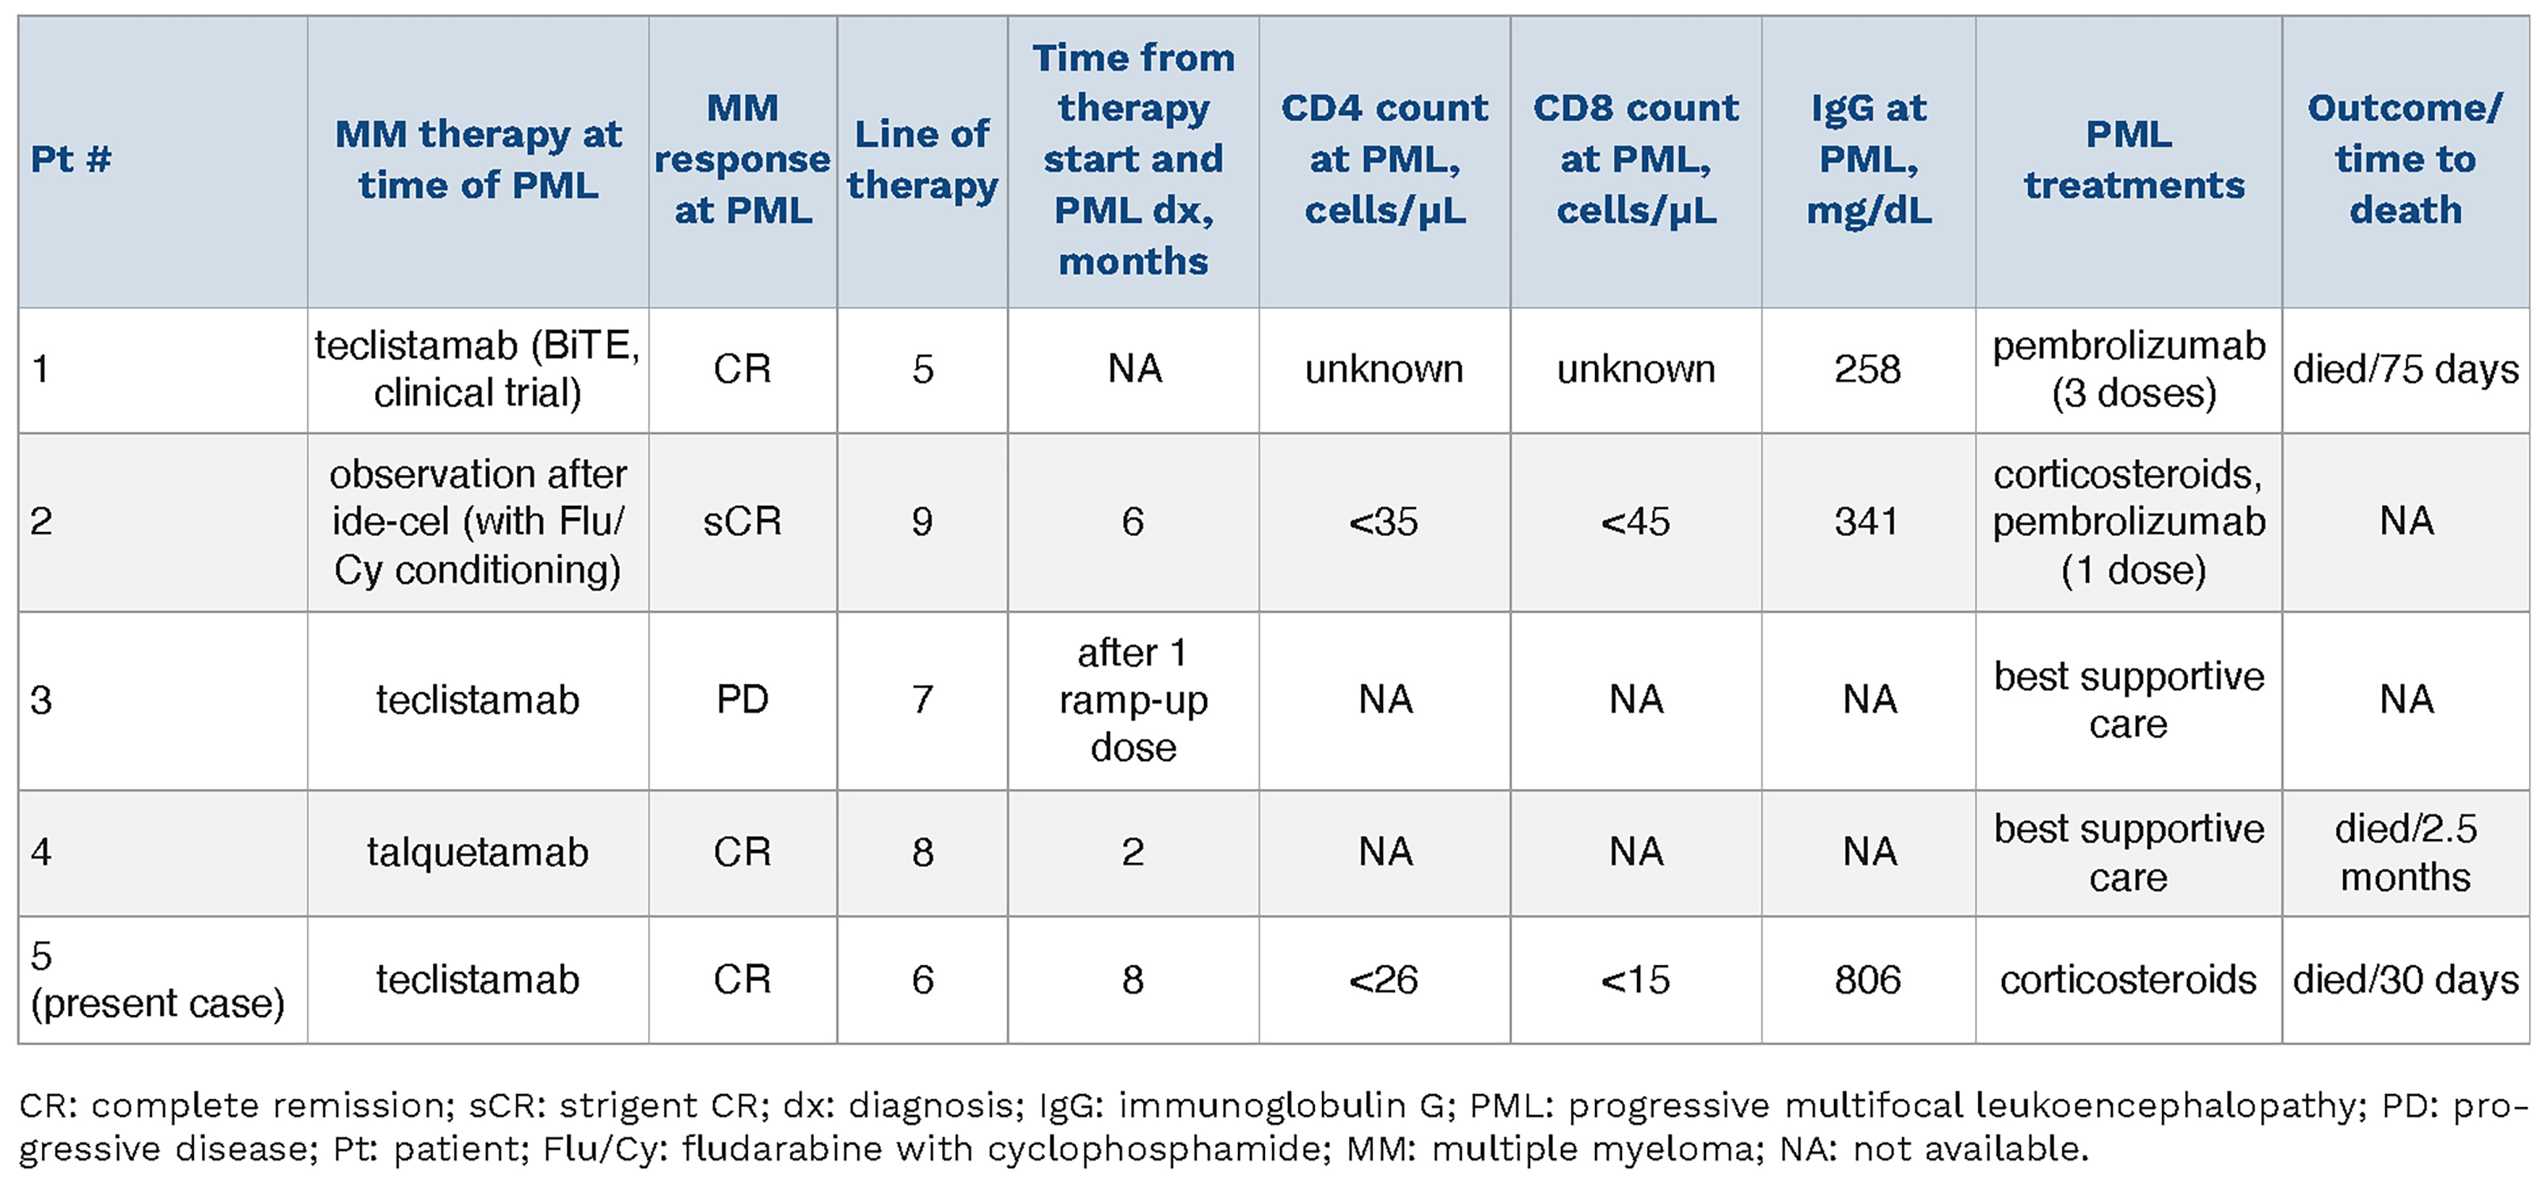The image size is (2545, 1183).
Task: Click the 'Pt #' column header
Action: coord(71,159)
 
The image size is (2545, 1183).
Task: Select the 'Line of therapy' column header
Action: coord(921,159)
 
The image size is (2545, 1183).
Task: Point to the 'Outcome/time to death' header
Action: coord(2405,159)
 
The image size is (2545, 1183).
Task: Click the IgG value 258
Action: coord(1867,370)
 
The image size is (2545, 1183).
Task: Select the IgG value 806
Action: coord(1867,980)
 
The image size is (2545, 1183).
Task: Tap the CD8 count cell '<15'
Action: coord(1635,980)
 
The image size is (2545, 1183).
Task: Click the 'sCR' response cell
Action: coord(742,522)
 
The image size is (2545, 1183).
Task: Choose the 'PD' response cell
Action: coord(742,700)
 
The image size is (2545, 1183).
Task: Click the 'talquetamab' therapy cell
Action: coord(477,852)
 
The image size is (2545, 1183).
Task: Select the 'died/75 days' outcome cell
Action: coord(2405,370)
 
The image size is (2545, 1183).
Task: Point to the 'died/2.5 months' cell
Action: coord(2405,852)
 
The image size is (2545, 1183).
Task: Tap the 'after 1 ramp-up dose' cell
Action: coord(1134,700)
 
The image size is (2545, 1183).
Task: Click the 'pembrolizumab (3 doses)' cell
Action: coord(2129,370)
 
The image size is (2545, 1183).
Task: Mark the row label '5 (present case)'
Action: coord(157,980)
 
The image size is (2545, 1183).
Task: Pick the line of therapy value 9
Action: coord(921,522)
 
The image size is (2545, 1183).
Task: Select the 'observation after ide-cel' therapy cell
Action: coord(477,522)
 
